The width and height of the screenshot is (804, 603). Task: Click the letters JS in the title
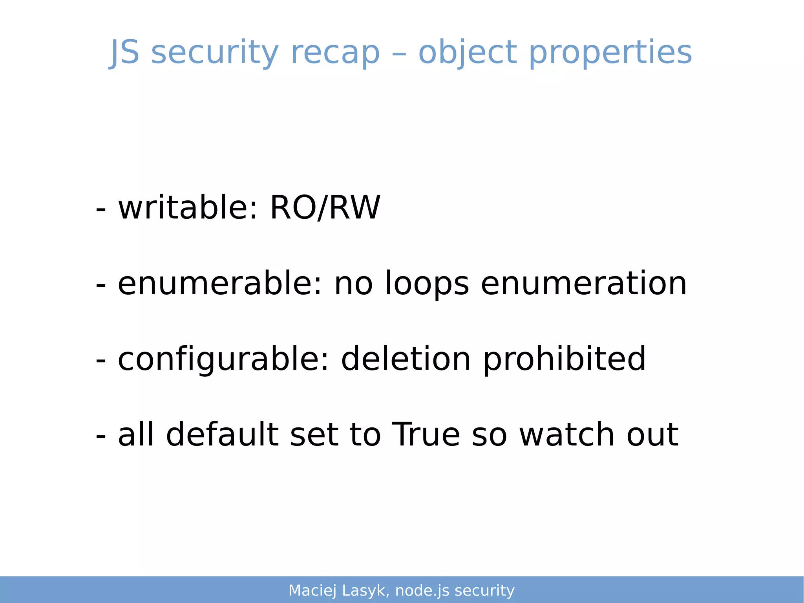(124, 52)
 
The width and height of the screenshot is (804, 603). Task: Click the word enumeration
(584, 283)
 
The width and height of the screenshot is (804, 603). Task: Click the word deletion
(406, 359)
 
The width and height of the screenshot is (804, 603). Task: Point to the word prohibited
(564, 359)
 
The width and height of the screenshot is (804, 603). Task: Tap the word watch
(567, 434)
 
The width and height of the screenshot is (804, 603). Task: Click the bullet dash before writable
(101, 208)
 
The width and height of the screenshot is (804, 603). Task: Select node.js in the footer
(422, 591)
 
